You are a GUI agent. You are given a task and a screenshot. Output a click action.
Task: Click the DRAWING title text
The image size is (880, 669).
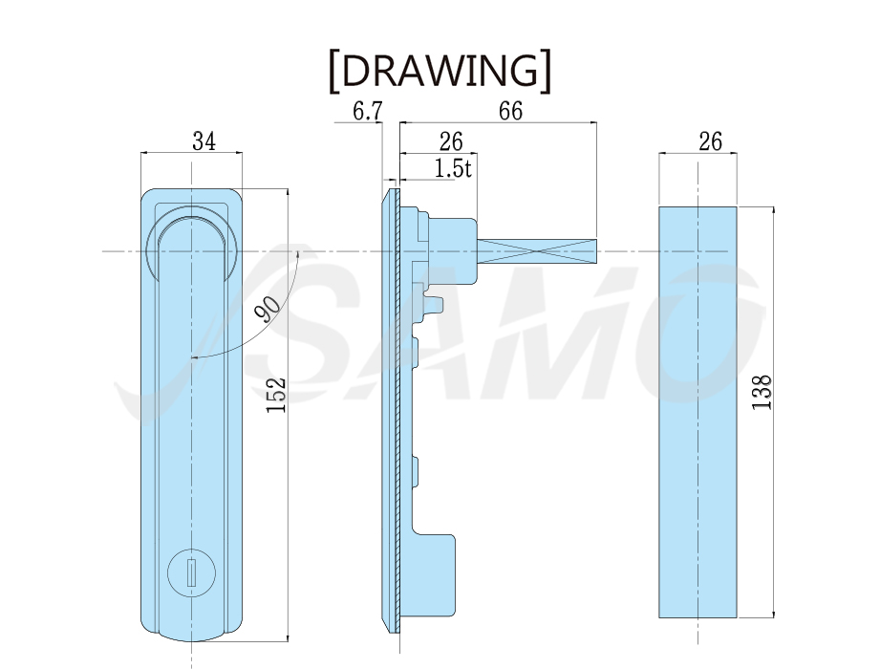pyautogui.click(x=440, y=71)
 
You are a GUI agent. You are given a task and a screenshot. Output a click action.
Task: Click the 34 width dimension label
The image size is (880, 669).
pyautogui.click(x=204, y=141)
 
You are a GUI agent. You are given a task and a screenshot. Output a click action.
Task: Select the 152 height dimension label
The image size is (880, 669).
pyautogui.click(x=276, y=395)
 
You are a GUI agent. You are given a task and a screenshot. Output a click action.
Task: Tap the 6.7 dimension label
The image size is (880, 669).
pyautogui.click(x=368, y=112)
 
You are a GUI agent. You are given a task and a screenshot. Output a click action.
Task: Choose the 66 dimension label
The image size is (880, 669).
pyautogui.click(x=511, y=111)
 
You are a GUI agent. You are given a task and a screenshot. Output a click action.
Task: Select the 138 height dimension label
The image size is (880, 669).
pyautogui.click(x=762, y=392)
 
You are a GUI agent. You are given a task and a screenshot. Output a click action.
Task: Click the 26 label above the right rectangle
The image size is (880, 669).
pyautogui.click(x=710, y=141)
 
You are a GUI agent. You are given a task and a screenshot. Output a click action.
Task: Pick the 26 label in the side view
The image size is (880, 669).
pyautogui.click(x=451, y=142)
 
